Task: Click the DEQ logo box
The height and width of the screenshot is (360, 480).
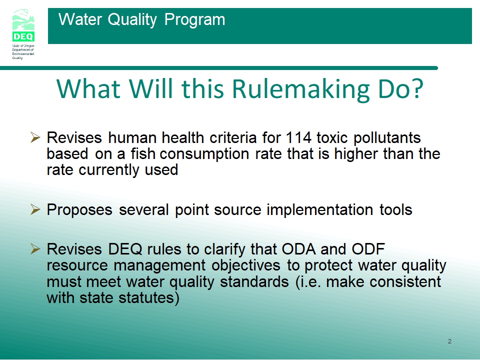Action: [x=23, y=36]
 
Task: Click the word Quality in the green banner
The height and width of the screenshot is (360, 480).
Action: [x=132, y=20]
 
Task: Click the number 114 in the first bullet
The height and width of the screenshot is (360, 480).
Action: [x=298, y=137]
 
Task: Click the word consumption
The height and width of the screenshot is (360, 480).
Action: [x=204, y=154]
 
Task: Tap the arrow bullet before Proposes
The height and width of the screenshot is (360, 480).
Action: [x=35, y=209]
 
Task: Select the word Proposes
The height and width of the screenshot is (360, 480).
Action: [x=79, y=210]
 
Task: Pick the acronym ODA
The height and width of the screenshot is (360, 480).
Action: [x=299, y=249]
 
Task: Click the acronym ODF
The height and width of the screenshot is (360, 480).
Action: [x=368, y=249]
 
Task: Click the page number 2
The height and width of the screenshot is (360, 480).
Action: [x=449, y=341]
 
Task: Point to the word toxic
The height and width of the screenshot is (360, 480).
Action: [x=332, y=137]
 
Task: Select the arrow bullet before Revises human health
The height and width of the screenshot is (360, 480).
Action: [x=35, y=137]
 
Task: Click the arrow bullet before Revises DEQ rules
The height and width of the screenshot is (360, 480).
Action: [x=35, y=249]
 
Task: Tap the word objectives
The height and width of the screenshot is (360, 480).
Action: [x=246, y=265]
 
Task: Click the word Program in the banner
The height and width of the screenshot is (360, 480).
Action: [x=194, y=20]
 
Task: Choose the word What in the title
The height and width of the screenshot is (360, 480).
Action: [x=88, y=89]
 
